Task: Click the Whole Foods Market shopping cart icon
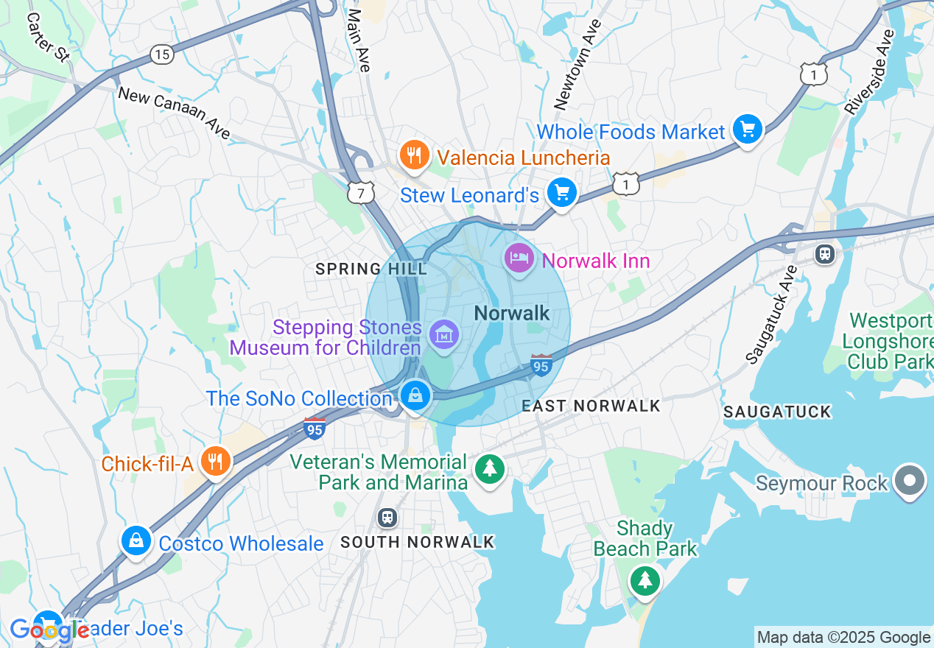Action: click(x=748, y=131)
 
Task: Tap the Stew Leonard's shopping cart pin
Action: click(x=562, y=194)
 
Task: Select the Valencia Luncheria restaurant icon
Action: click(x=415, y=155)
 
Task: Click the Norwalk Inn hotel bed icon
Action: click(x=519, y=258)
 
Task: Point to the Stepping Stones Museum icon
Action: click(x=444, y=336)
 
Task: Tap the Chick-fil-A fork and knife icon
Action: click(x=215, y=462)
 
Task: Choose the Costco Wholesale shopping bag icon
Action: click(x=136, y=541)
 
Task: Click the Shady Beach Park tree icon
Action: click(x=645, y=580)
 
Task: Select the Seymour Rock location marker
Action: click(x=910, y=481)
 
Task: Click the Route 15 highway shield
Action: click(x=161, y=54)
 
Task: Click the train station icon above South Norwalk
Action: click(x=387, y=518)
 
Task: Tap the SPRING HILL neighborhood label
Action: click(x=371, y=270)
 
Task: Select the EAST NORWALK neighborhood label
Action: click(x=591, y=406)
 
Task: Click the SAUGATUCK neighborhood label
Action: click(x=777, y=412)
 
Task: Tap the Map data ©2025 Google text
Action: click(x=843, y=638)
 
